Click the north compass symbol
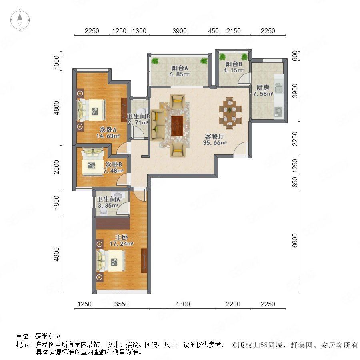[x=20, y=20]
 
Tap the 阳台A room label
[x=180, y=68]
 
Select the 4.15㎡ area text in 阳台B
[x=233, y=70]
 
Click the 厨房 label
[x=263, y=88]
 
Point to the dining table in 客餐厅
[x=230, y=113]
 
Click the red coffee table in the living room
[x=177, y=126]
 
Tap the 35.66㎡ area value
[x=215, y=142]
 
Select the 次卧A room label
[x=108, y=130]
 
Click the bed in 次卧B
[x=93, y=162]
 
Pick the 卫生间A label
[x=108, y=199]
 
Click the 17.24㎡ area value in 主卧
[x=121, y=243]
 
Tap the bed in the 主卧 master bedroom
[x=111, y=261]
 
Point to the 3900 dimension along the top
[x=180, y=31]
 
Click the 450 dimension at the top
[x=213, y=31]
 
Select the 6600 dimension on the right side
[x=295, y=240]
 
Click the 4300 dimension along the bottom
[x=183, y=304]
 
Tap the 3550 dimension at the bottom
[x=122, y=304]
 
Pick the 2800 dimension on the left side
[x=56, y=167]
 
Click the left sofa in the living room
[x=158, y=125]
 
